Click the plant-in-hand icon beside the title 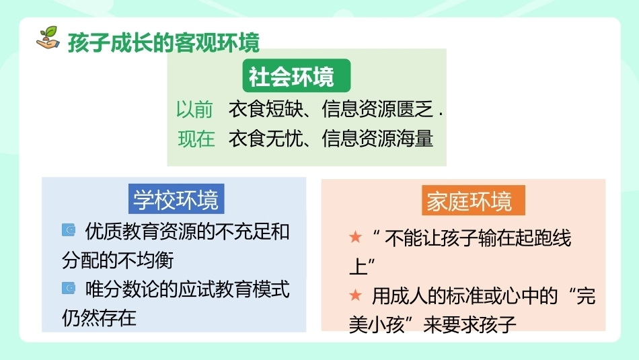[48, 38]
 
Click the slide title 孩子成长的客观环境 [164, 43]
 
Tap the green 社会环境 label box [296, 75]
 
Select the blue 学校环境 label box [176, 199]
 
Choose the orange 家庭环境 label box [473, 201]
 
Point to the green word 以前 [195, 110]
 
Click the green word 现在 [196, 139]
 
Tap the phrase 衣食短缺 [266, 109]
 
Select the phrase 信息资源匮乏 [378, 109]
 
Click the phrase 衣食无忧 [266, 139]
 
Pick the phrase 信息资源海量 [377, 139]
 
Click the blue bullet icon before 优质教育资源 [69, 230]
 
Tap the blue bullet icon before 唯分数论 [69, 288]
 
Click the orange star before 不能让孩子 [355, 237]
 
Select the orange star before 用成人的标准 [355, 295]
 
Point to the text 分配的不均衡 [118, 260]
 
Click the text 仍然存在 [99, 318]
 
